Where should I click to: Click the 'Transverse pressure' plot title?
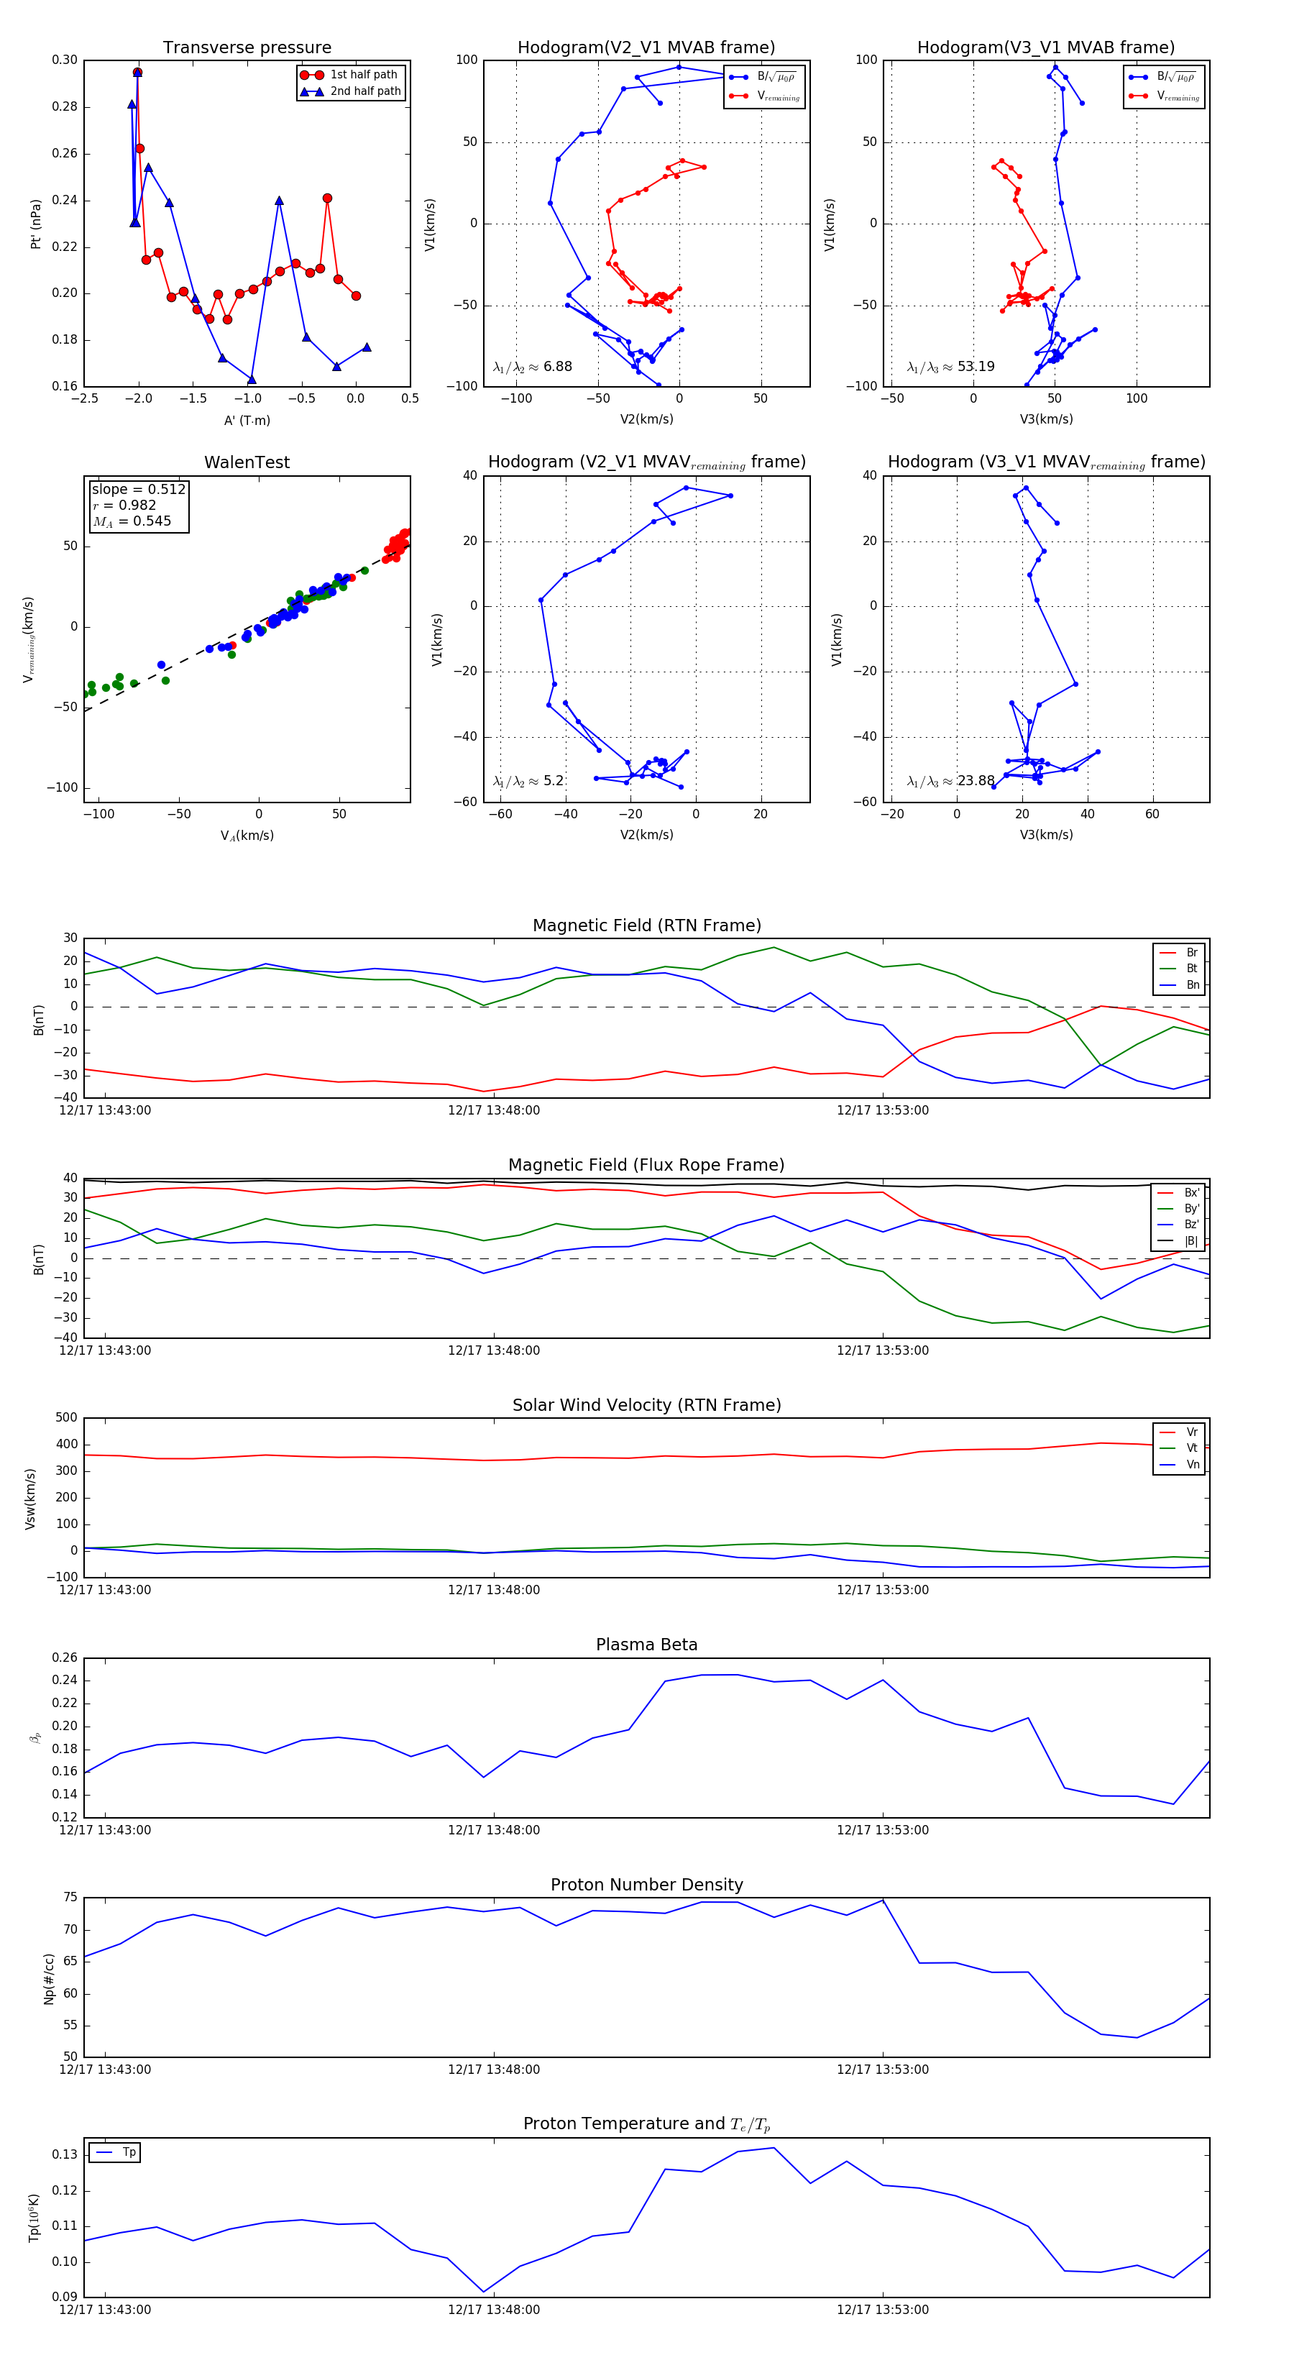click(x=247, y=48)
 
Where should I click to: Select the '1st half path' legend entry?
click(x=363, y=75)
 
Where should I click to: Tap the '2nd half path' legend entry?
click(x=364, y=91)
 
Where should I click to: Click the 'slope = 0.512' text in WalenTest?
click(x=138, y=489)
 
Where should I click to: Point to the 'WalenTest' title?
click(x=247, y=462)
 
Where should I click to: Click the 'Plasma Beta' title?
click(x=646, y=1645)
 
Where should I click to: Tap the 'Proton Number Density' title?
click(x=646, y=1885)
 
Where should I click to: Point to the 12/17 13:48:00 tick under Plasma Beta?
click(x=494, y=1829)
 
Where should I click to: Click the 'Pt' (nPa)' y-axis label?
click(x=36, y=224)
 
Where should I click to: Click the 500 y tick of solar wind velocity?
click(x=66, y=1418)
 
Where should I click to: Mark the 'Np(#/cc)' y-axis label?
click(x=49, y=1979)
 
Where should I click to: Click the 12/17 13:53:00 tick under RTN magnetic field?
click(x=882, y=1110)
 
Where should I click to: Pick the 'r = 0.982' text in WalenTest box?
click(x=124, y=505)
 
